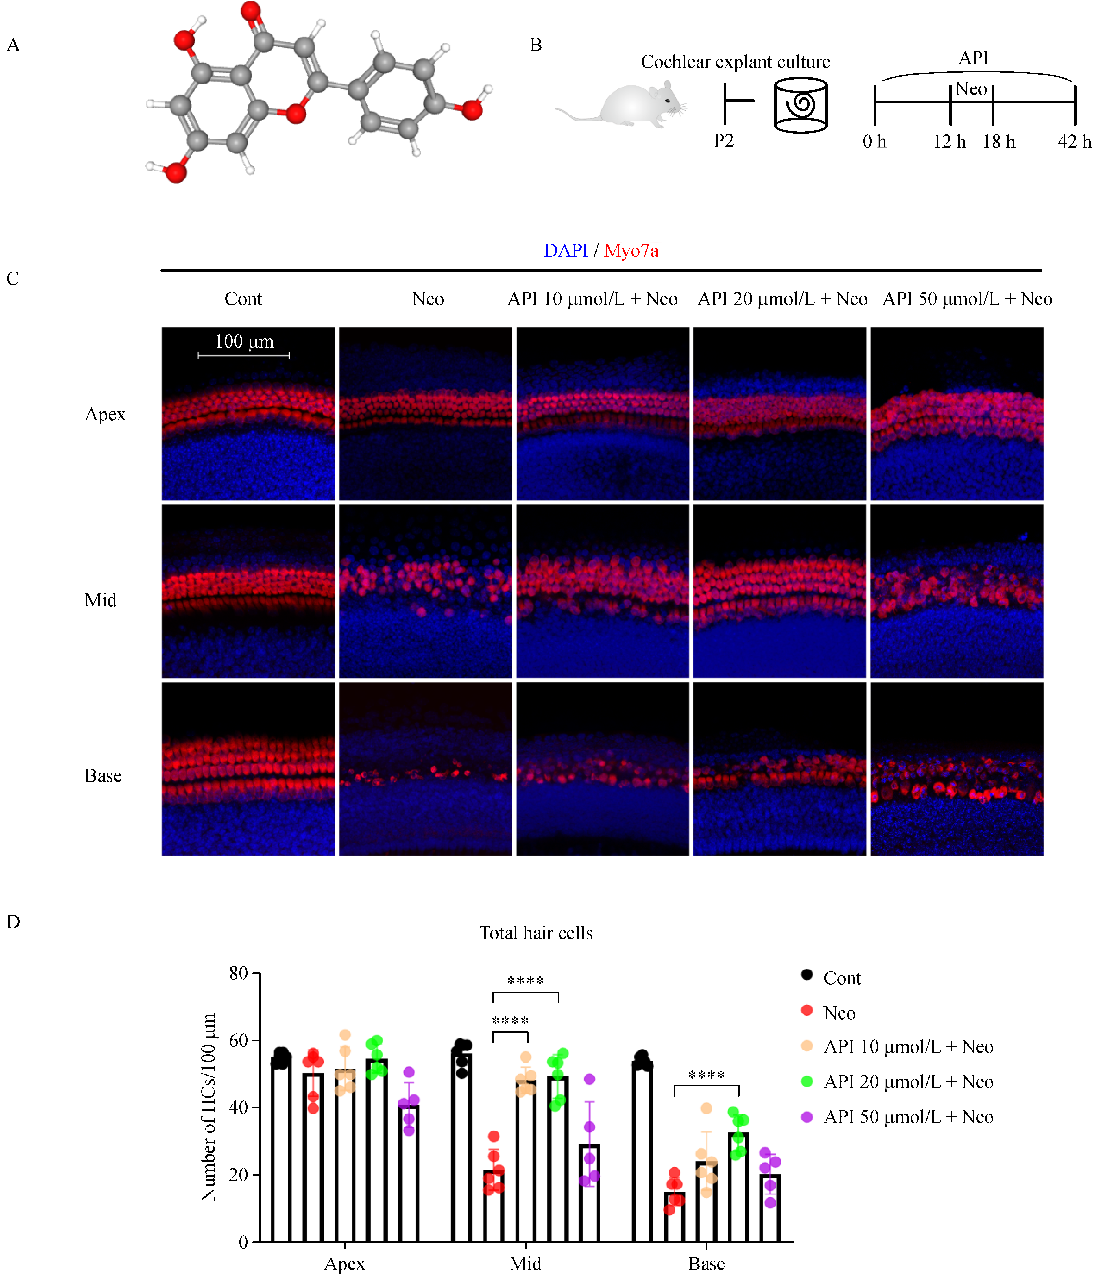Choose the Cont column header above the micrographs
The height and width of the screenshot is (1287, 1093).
click(243, 299)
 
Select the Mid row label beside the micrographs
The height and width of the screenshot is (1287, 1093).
click(100, 600)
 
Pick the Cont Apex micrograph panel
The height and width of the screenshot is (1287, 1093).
click(248, 413)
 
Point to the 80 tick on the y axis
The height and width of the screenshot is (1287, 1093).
click(239, 974)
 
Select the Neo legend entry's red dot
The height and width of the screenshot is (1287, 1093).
click(807, 1011)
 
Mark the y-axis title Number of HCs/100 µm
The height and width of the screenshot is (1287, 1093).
click(209, 1107)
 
